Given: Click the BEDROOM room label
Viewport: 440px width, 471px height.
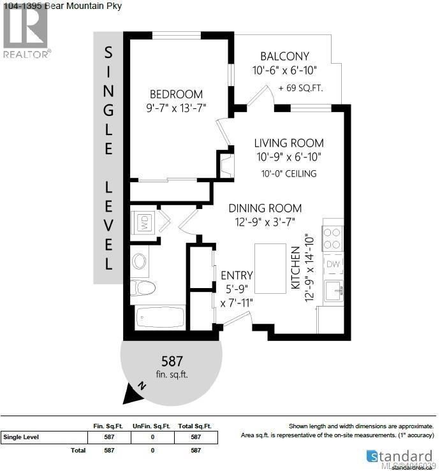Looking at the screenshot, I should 176,94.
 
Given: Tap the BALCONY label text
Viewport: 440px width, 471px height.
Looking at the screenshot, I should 284,56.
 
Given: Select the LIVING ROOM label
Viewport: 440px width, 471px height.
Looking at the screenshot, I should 289,143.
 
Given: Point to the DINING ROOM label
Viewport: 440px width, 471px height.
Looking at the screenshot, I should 265,208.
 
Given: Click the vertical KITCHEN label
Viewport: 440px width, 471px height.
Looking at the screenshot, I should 296,268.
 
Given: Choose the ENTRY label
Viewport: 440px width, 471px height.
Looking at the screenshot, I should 237,275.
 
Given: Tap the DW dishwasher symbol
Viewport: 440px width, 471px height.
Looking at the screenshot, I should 333,264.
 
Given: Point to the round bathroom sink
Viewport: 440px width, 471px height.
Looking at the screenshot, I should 139,261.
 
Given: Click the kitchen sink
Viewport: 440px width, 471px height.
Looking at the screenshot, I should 334,292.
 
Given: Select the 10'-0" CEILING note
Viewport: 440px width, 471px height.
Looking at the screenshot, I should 288,173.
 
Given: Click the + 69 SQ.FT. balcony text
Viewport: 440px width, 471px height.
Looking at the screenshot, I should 300,88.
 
